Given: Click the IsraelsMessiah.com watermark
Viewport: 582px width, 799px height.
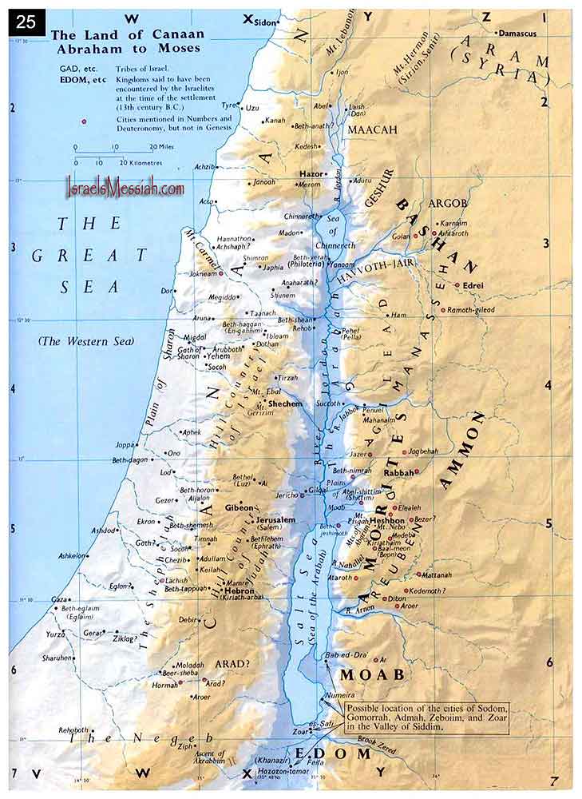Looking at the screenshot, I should coord(125,189).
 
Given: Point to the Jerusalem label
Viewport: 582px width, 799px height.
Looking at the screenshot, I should coord(276,520).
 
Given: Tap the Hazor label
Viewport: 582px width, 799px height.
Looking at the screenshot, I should coord(310,173).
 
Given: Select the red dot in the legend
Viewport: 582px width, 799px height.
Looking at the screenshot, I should coord(83,121).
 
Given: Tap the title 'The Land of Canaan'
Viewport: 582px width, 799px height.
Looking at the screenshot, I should coord(128,34).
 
